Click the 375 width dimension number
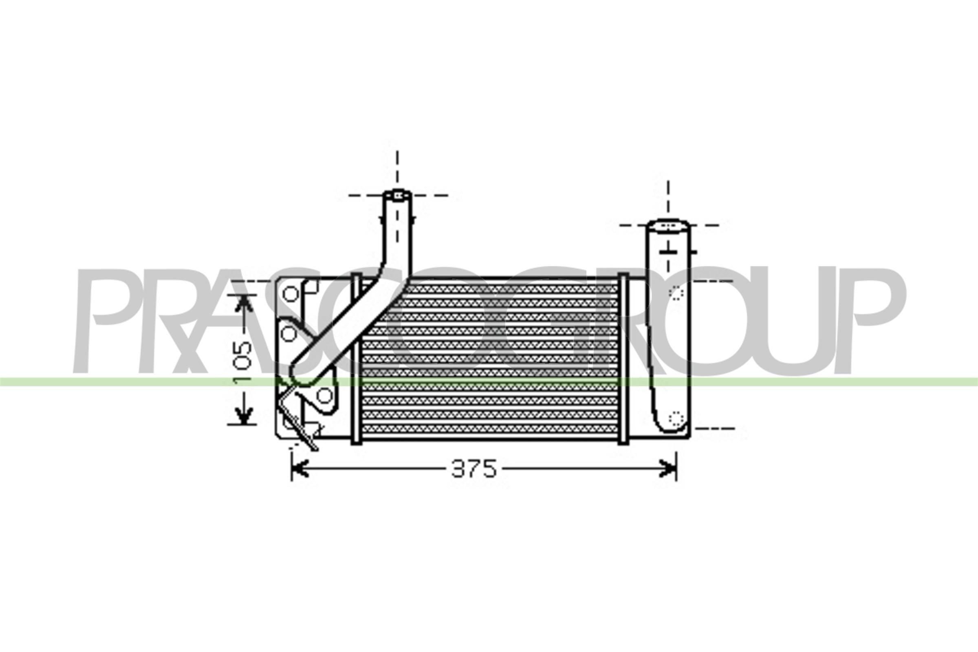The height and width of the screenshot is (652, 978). tap(474, 469)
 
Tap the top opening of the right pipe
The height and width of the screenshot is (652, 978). tap(668, 226)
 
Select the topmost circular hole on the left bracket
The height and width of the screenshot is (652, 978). tap(291, 294)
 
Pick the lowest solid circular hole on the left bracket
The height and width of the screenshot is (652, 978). tap(325, 395)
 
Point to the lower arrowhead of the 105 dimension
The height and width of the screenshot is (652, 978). tap(244, 416)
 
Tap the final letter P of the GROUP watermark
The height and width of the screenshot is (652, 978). tap(871, 320)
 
